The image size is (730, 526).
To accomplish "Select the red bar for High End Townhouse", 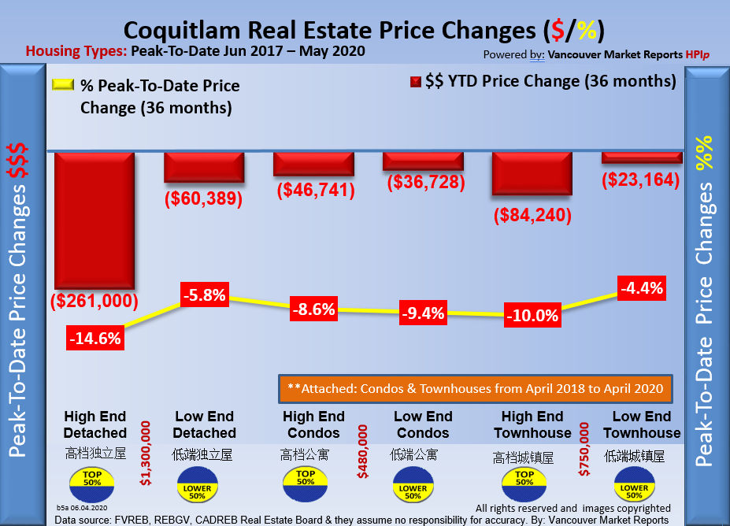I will tap(532, 173).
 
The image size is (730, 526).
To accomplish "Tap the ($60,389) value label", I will tap(203, 199).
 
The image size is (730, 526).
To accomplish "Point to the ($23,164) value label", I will tap(640, 180).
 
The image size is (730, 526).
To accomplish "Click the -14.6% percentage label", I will tap(94, 339).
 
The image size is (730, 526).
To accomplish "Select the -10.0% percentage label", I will tap(532, 316).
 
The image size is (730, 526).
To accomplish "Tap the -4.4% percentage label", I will tap(641, 288).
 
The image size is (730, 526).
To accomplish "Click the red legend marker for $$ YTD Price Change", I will tap(415, 82).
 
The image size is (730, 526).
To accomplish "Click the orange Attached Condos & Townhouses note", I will tap(476, 388).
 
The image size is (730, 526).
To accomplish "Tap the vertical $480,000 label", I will tap(363, 453).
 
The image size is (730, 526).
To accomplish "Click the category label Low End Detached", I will tap(204, 424).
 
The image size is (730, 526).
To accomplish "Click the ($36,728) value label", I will tap(423, 182).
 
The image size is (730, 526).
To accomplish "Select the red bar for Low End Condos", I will tap(423, 161).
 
